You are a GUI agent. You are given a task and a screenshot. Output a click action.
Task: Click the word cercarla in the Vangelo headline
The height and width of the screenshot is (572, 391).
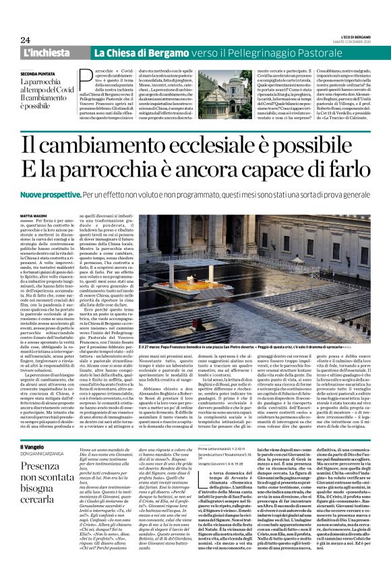point(42,497)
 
